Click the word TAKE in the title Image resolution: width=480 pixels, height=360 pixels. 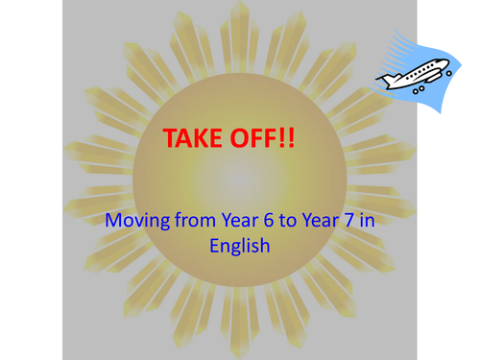click(194, 138)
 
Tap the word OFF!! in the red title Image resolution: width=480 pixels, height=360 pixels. click(261, 138)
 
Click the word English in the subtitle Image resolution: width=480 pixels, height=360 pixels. click(240, 246)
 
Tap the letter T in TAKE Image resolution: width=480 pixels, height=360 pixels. click(171, 138)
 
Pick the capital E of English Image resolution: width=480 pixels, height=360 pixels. click(214, 245)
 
